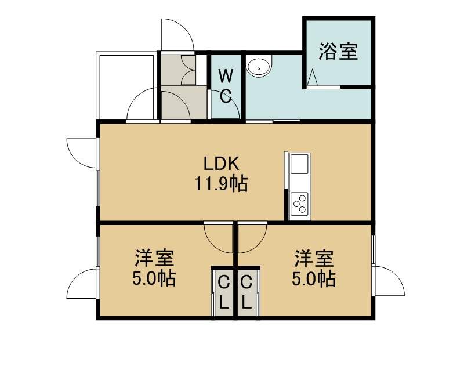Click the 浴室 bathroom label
coord(338,52)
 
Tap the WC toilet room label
coord(226,86)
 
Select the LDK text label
coord(222,164)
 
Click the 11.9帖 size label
coord(221,184)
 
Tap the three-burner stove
coord(299,204)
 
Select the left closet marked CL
coord(224,292)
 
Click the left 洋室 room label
coord(154,258)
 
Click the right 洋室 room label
coord(314,258)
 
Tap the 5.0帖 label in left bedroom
coord(154,278)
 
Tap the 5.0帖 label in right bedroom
coord(314,278)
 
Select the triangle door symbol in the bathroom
coord(313,78)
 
